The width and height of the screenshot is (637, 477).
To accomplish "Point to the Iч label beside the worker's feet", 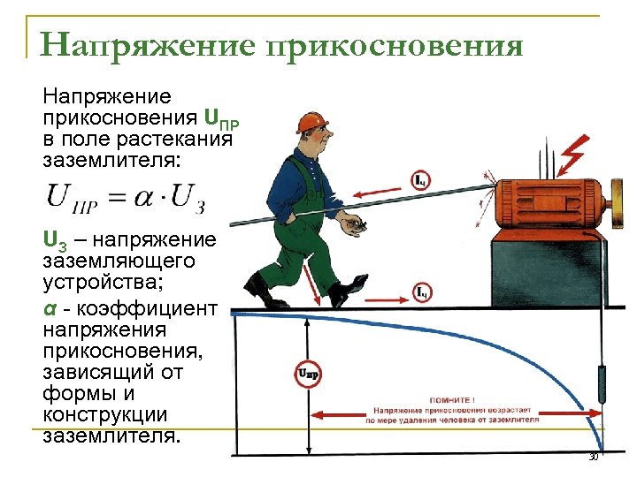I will point(423,291).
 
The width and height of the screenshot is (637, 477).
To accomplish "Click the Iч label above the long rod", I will point(422,179).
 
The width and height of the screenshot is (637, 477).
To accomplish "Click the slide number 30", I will point(594,457).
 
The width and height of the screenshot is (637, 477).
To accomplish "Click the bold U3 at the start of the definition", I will point(55,241).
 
